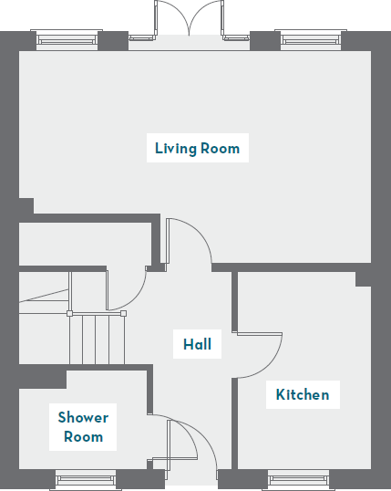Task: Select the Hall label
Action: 197,344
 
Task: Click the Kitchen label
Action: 303,395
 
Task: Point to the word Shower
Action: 83,417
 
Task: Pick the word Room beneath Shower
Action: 83,437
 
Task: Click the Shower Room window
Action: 85,478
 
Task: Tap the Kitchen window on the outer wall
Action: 298,478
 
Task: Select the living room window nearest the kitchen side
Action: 310,39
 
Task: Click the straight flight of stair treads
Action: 95,339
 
